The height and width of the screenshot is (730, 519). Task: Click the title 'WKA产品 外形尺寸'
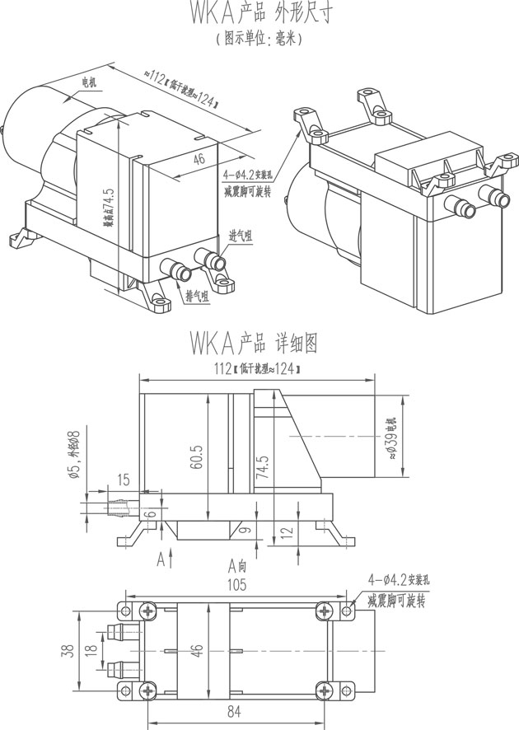pos(259,14)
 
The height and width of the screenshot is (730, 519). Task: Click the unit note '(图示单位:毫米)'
pos(259,39)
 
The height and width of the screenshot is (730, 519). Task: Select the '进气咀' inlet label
pos(241,236)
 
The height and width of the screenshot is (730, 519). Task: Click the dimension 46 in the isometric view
pos(199,161)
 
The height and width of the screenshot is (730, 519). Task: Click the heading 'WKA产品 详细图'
pos(253,340)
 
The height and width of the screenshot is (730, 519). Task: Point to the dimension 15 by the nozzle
pos(124,480)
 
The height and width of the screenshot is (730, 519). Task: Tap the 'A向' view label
pos(237,566)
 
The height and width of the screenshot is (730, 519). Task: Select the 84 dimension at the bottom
pos(235,710)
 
